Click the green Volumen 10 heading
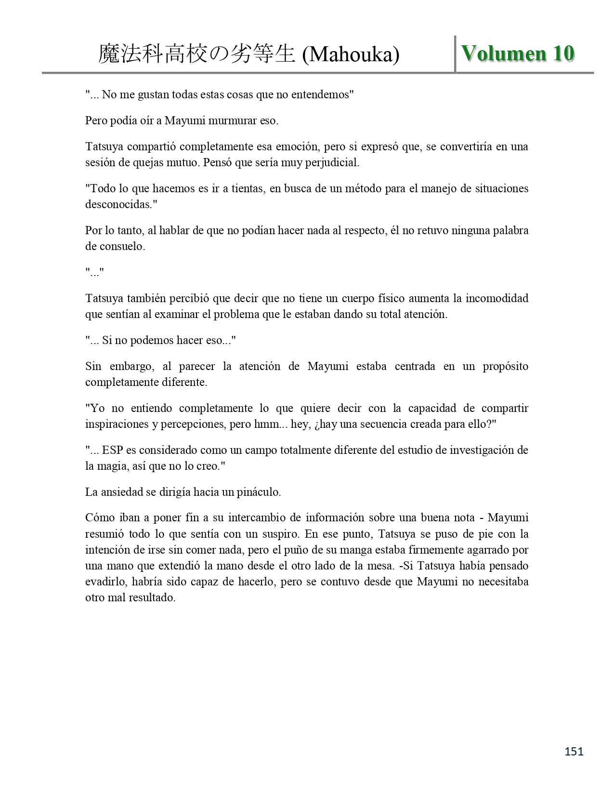click(x=518, y=53)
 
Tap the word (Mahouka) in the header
click(x=351, y=55)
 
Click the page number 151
click(x=574, y=751)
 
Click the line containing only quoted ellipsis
click(x=94, y=272)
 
